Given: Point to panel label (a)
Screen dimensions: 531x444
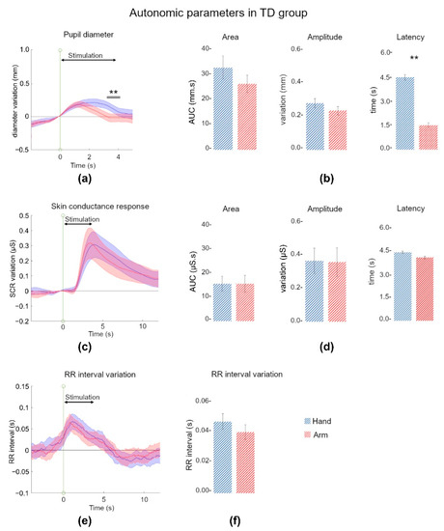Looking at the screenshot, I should [84, 179].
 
